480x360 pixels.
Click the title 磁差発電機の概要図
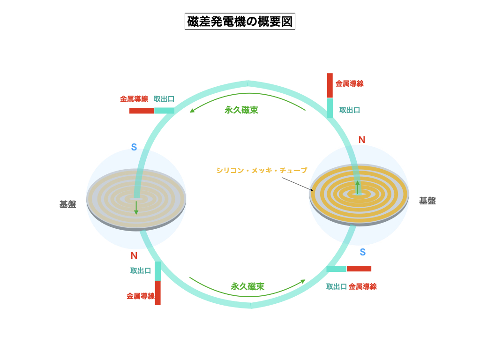(240, 22)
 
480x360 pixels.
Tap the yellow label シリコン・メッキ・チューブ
(262, 171)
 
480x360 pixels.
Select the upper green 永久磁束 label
(241, 110)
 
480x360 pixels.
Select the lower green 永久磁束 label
(247, 286)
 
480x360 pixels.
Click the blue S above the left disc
(134, 147)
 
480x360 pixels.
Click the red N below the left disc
(134, 256)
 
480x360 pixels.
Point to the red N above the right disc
(362, 140)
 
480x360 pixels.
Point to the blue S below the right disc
(363, 252)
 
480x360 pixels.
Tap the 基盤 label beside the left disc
(68, 204)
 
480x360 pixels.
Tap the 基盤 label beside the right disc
(427, 201)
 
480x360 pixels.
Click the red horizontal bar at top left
(142, 111)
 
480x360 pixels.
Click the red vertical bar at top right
(330, 85)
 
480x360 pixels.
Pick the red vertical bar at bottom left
(158, 293)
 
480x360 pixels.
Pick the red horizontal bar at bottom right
(359, 269)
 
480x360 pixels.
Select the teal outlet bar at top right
(330, 108)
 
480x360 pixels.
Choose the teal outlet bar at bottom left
(158, 271)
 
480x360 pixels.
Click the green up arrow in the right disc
(358, 187)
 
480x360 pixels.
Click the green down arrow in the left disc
(136, 208)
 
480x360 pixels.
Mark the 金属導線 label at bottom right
(363, 286)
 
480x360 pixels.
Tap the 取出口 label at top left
(164, 99)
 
